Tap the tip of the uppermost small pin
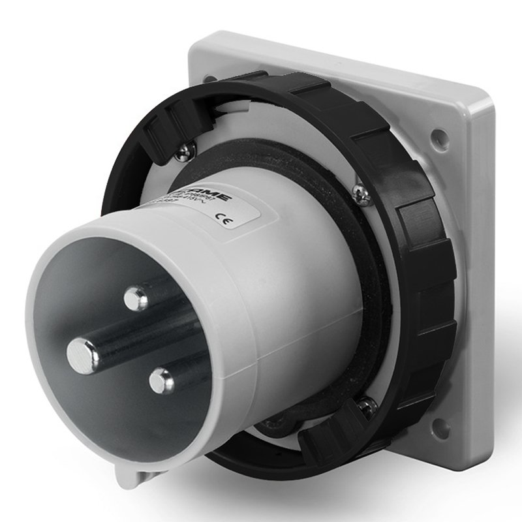pos(135,299)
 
